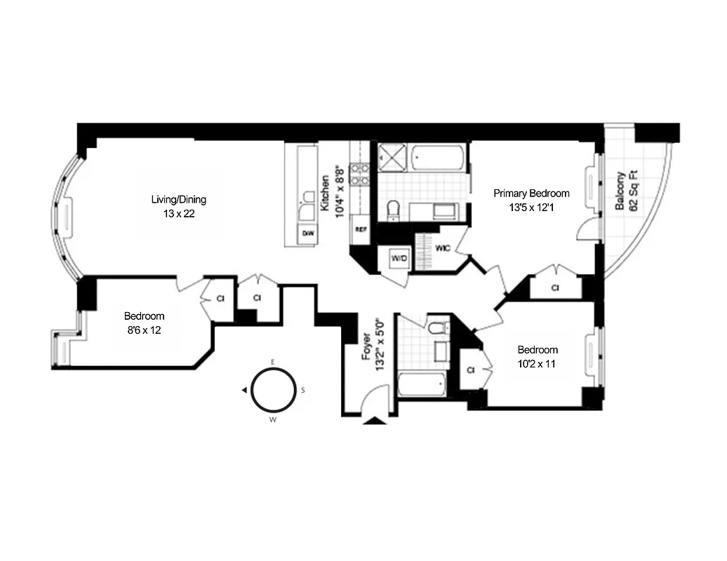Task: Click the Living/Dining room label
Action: click(x=179, y=200)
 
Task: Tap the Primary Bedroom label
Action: click(x=531, y=194)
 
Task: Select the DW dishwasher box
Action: click(x=307, y=233)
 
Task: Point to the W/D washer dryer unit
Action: click(x=398, y=259)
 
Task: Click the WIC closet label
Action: click(x=442, y=248)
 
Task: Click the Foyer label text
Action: click(x=366, y=347)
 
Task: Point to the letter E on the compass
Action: click(x=273, y=362)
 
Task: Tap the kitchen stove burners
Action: click(x=360, y=174)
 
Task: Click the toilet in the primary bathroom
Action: click(x=393, y=208)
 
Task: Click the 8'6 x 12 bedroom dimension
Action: click(x=144, y=330)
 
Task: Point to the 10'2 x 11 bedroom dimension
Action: click(x=538, y=363)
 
